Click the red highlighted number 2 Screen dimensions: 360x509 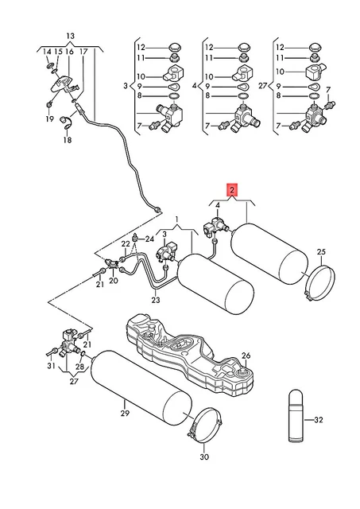[232, 191]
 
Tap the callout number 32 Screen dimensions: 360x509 [319, 420]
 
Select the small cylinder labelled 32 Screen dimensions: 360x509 [296, 415]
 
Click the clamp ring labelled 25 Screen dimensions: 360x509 [321, 282]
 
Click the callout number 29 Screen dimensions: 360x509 [125, 414]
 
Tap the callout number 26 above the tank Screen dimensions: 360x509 [246, 356]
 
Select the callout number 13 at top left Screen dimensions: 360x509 [70, 36]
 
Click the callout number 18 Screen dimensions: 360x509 [68, 140]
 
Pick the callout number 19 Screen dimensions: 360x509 [49, 119]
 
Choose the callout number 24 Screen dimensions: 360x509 [149, 239]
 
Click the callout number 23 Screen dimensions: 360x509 [156, 300]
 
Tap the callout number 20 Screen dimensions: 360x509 [114, 280]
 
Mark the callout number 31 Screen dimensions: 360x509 [51, 366]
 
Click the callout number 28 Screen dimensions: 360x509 [79, 367]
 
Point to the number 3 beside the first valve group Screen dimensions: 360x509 [126, 86]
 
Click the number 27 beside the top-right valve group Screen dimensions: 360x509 [263, 86]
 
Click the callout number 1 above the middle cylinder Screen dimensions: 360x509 [176, 220]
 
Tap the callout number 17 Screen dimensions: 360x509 [83, 51]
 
